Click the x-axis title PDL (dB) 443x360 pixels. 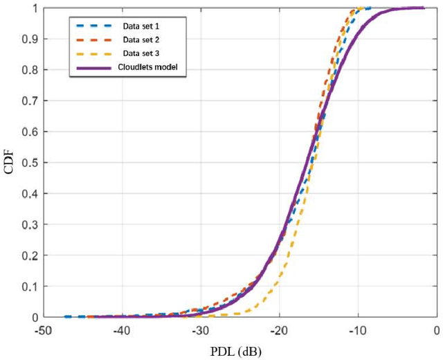point(237,350)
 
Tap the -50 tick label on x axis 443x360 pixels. point(43,330)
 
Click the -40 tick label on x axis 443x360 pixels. point(121,330)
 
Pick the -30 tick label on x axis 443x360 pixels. point(200,330)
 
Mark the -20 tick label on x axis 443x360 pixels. point(279,330)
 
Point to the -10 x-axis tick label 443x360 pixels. point(358,330)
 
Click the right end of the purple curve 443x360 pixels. point(424,8)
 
